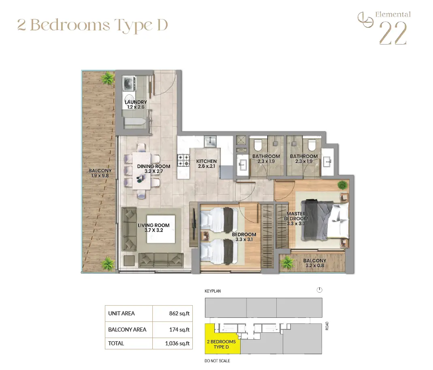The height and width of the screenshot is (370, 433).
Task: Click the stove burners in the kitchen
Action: pyautogui.click(x=183, y=160)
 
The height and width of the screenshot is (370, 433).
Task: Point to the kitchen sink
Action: pyautogui.click(x=210, y=142)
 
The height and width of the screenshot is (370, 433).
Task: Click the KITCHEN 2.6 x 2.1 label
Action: pyautogui.click(x=206, y=164)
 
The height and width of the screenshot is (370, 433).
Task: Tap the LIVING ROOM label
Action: pyautogui.click(x=154, y=228)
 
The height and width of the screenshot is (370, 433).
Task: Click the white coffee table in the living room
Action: pyautogui.click(x=161, y=229)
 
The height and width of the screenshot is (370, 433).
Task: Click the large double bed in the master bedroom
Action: pyautogui.click(x=324, y=220)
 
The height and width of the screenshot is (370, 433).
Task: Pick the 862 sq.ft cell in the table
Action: pyautogui.click(x=179, y=313)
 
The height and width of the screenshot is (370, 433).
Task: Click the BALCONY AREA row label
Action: pyautogui.click(x=127, y=330)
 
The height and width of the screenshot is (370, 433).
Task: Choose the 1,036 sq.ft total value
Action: pyautogui.click(x=177, y=343)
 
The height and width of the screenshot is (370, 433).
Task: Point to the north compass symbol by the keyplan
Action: pyautogui.click(x=320, y=290)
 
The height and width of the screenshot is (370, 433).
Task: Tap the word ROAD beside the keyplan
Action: pyautogui.click(x=327, y=326)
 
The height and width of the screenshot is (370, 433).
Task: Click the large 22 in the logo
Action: pyautogui.click(x=392, y=33)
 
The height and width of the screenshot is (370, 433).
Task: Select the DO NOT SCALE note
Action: pyautogui.click(x=218, y=361)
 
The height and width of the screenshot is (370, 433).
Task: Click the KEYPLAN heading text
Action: pyautogui.click(x=213, y=291)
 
